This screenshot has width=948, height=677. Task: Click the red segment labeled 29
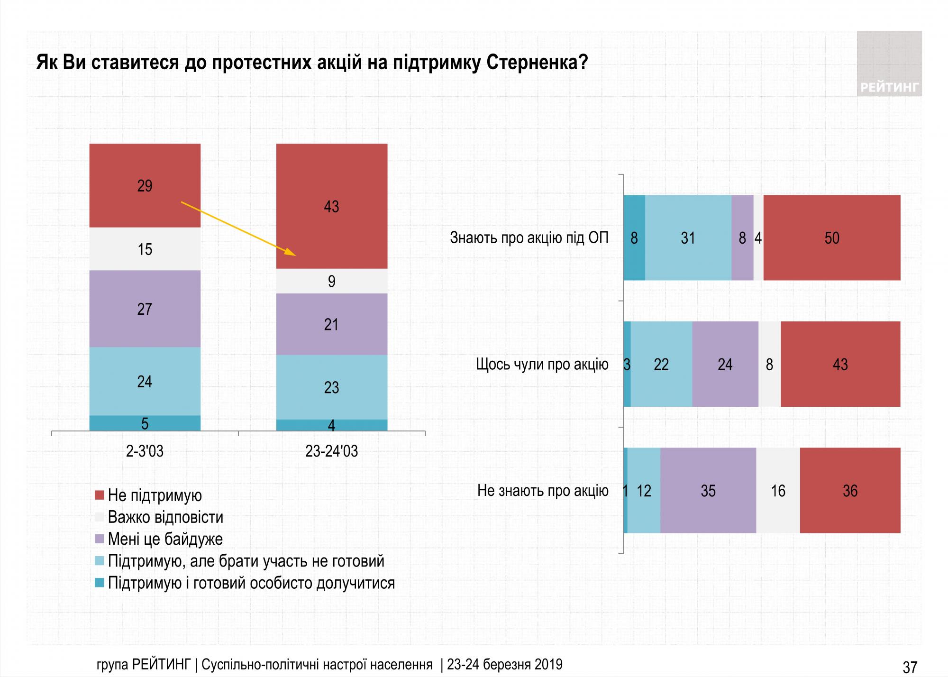tap(145, 185)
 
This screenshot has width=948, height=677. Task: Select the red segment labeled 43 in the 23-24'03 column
tap(332, 206)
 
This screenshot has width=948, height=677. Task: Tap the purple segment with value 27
tap(145, 309)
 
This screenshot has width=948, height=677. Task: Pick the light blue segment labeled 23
tap(332, 387)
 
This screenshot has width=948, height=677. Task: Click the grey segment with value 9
tap(332, 281)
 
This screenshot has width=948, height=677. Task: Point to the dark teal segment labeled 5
tap(145, 423)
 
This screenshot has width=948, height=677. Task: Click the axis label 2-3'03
tap(145, 451)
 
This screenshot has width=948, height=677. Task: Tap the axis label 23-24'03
tap(332, 451)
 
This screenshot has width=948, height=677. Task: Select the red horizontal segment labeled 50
tap(831, 238)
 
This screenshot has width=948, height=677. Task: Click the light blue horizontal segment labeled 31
tap(688, 238)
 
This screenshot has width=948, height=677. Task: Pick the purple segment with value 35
tap(708, 491)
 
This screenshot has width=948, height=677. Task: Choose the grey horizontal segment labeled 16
tap(778, 491)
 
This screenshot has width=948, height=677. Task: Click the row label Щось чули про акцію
tap(542, 364)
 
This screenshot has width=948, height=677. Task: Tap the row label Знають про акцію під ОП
tap(529, 238)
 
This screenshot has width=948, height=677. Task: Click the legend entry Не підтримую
tap(155, 495)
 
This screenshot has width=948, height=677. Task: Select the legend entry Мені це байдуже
tap(165, 539)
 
